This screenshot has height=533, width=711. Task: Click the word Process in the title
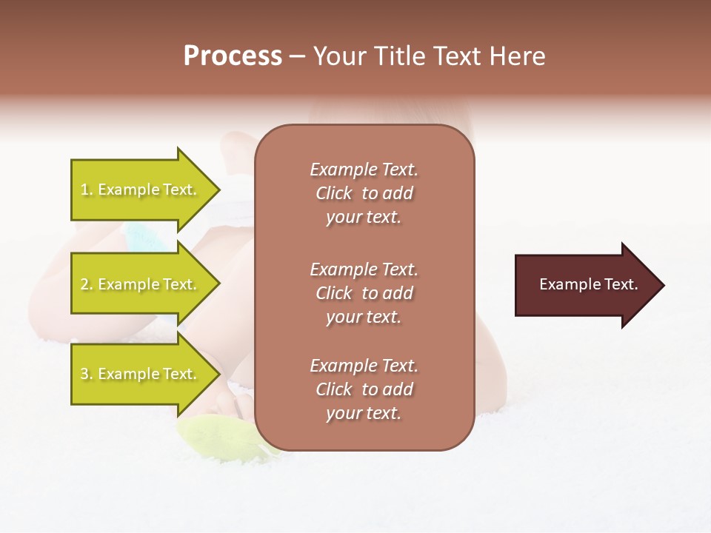pos(233,56)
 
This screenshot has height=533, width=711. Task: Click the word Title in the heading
pos(398,56)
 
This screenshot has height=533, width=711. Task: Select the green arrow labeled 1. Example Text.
pos(141,190)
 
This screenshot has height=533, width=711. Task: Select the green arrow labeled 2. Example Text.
pos(141,284)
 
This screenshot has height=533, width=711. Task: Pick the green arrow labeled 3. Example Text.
pos(141,374)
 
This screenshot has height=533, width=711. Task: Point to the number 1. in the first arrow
pos(87,190)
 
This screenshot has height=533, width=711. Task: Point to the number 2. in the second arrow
pos(87,285)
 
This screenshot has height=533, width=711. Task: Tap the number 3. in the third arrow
pos(87,375)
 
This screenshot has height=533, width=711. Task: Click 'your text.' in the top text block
pos(364,218)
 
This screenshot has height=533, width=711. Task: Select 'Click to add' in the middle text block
pos(364,293)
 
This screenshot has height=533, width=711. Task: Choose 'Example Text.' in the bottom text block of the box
pos(364,366)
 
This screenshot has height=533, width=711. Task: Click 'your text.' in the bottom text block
pos(364,414)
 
